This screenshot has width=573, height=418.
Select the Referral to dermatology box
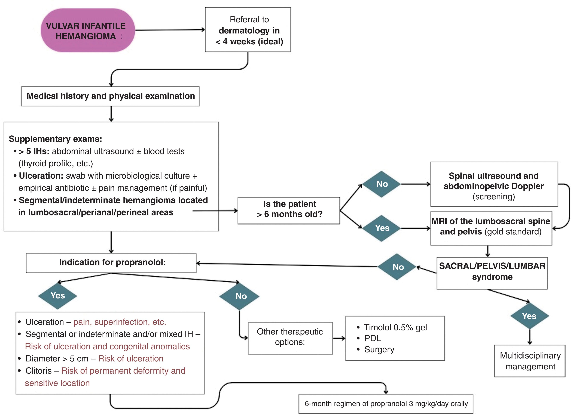click(248, 30)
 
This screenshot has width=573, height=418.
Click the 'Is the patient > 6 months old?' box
click(289, 210)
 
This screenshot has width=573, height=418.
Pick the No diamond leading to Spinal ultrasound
click(382, 184)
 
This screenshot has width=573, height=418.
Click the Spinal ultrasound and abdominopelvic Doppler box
click(494, 184)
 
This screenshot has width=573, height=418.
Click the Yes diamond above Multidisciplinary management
click(529, 316)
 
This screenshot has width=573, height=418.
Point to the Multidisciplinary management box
click(530, 361)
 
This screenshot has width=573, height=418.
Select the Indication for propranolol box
click(111, 263)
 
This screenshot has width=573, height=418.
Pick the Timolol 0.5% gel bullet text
click(395, 327)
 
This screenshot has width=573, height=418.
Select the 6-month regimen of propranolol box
click(386, 404)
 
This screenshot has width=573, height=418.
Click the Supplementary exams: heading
click(55, 139)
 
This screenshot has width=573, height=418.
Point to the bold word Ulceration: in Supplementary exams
click(41, 176)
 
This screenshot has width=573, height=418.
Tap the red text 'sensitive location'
click(57, 383)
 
